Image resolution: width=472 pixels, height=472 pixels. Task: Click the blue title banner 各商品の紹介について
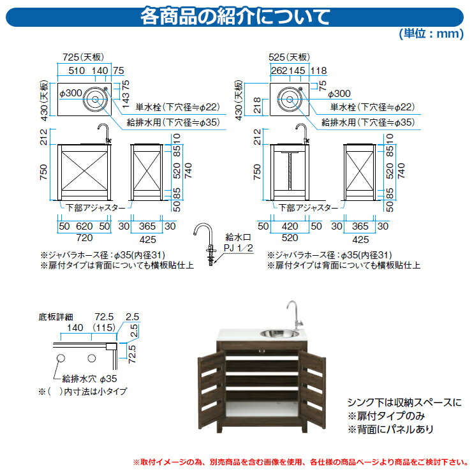coord(235,17)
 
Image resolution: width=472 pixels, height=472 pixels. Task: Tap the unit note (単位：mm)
coord(431,33)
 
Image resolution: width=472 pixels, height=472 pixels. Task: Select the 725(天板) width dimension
coord(83,57)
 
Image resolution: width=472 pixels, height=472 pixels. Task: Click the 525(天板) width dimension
coord(289,57)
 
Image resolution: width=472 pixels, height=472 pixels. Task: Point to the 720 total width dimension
coord(84,238)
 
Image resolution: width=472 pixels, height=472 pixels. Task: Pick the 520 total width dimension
coord(290,238)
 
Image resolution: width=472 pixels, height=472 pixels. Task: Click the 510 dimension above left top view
coord(77,70)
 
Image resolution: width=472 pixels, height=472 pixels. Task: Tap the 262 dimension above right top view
coord(279,70)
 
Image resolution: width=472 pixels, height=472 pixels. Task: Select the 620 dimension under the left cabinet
coord(84,226)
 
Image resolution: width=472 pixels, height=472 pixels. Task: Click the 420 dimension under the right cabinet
coord(290,226)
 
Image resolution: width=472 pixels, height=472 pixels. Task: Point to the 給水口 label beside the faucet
coord(238,237)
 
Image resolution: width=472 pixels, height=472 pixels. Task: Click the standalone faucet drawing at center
coord(206,244)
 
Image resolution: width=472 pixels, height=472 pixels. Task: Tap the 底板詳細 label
coord(55,317)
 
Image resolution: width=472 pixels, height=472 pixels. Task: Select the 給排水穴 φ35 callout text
coord(89,379)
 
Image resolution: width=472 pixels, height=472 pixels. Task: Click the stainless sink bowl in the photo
coord(279,334)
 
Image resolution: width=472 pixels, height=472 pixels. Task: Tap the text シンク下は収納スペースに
coord(404,402)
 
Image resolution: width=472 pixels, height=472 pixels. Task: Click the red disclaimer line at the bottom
coord(300,462)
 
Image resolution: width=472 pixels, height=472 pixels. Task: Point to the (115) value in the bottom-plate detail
coord(104,327)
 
